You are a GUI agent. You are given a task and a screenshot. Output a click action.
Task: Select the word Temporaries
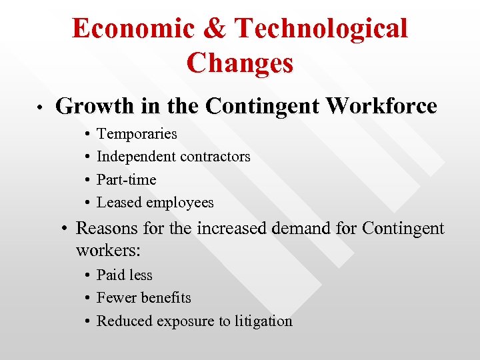click(x=137, y=134)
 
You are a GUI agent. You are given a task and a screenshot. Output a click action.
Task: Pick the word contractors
click(x=213, y=157)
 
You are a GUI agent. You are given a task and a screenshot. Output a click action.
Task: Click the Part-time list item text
click(x=127, y=180)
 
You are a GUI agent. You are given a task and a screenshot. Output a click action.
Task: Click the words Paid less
click(x=125, y=275)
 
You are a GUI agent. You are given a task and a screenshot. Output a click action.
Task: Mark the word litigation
click(x=259, y=321)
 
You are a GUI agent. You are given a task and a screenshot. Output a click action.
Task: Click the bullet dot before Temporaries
click(x=88, y=135)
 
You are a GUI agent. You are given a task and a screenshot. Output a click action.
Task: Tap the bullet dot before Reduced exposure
click(x=88, y=322)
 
